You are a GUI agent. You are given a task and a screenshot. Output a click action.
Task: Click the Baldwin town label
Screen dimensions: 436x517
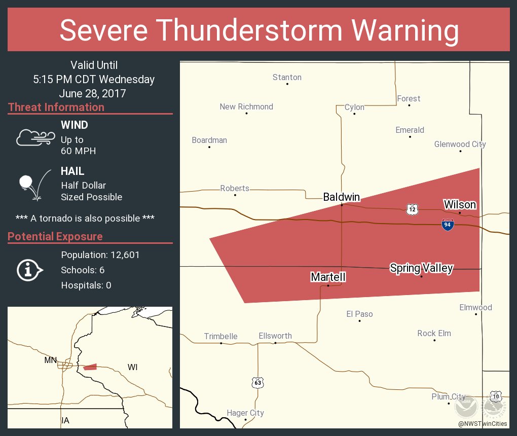[342, 197]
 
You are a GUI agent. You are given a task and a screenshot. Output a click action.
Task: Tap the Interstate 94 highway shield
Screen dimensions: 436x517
[447, 225]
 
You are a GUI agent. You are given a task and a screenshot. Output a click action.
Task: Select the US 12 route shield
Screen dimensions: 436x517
[412, 208]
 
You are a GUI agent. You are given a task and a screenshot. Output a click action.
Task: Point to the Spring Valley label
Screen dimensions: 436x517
[421, 268]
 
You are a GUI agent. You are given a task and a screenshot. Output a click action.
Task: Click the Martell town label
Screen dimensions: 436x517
[328, 277]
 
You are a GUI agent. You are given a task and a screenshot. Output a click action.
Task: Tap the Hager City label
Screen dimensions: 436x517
[245, 413]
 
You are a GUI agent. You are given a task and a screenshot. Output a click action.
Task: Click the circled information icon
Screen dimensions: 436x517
[30, 270]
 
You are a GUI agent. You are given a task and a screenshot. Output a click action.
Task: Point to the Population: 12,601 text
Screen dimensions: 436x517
[100, 255]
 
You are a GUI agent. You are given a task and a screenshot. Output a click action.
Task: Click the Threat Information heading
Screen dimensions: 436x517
[56, 107]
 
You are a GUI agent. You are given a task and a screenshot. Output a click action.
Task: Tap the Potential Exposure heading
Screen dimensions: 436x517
[55, 236]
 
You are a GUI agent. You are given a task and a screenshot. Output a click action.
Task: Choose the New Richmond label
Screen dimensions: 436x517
[246, 106]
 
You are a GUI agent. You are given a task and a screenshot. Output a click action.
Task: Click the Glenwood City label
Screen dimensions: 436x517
[460, 144]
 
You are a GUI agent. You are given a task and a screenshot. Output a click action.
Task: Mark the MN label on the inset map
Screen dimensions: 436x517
[51, 360]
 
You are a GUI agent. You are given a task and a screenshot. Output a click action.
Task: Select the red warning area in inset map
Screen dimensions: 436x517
[90, 367]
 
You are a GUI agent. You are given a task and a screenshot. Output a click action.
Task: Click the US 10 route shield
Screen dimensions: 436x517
[495, 395]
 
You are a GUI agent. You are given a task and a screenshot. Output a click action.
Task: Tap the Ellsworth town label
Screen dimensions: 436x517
[275, 336]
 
